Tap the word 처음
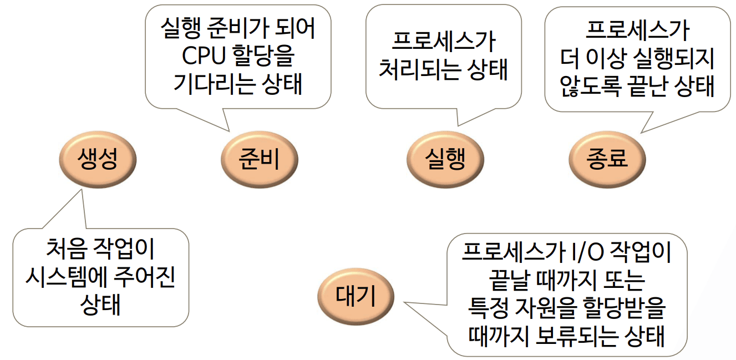tap(65, 251)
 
